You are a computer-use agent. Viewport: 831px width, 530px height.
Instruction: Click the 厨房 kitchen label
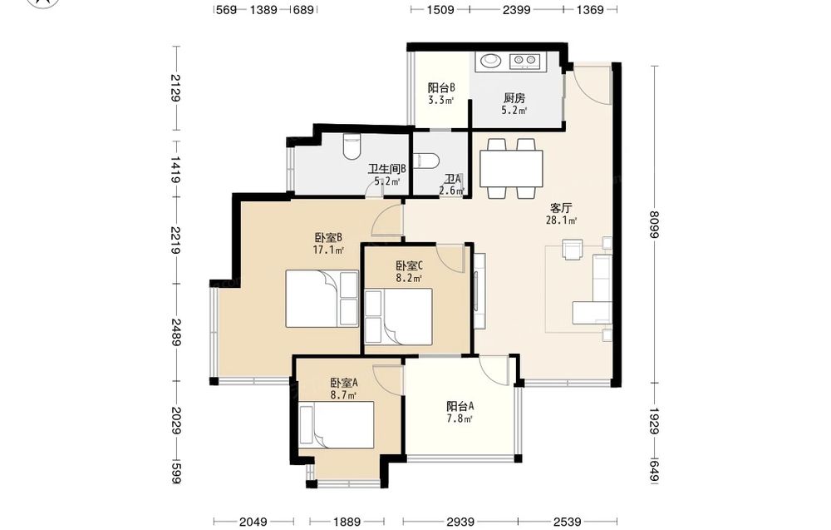[x=514, y=98]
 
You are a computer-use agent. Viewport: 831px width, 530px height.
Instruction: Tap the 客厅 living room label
[x=561, y=207]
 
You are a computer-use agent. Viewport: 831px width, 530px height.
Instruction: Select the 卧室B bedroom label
[x=328, y=237]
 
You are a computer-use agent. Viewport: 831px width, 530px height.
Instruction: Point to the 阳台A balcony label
[x=460, y=406]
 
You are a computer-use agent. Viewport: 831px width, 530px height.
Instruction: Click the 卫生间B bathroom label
[x=387, y=169]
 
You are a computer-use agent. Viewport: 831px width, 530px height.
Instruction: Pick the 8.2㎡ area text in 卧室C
[x=409, y=277]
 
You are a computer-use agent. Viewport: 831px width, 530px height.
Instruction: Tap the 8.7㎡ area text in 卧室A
[x=343, y=394]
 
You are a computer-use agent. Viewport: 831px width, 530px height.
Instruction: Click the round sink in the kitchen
[x=490, y=61]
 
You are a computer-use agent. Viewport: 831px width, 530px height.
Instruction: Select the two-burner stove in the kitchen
[x=524, y=62]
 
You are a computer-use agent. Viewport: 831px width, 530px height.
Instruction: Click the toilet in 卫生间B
[x=352, y=146]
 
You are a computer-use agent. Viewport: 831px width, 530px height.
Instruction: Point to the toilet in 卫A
[x=425, y=161]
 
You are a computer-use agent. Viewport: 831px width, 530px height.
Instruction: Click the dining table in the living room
[x=511, y=169]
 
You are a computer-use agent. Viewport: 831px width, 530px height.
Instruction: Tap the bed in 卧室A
[x=337, y=425]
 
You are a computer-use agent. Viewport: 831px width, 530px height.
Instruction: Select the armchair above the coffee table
[x=573, y=250]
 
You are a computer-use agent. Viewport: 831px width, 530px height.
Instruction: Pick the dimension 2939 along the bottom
[x=460, y=522]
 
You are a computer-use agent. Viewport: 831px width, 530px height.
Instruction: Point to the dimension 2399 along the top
[x=516, y=9]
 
